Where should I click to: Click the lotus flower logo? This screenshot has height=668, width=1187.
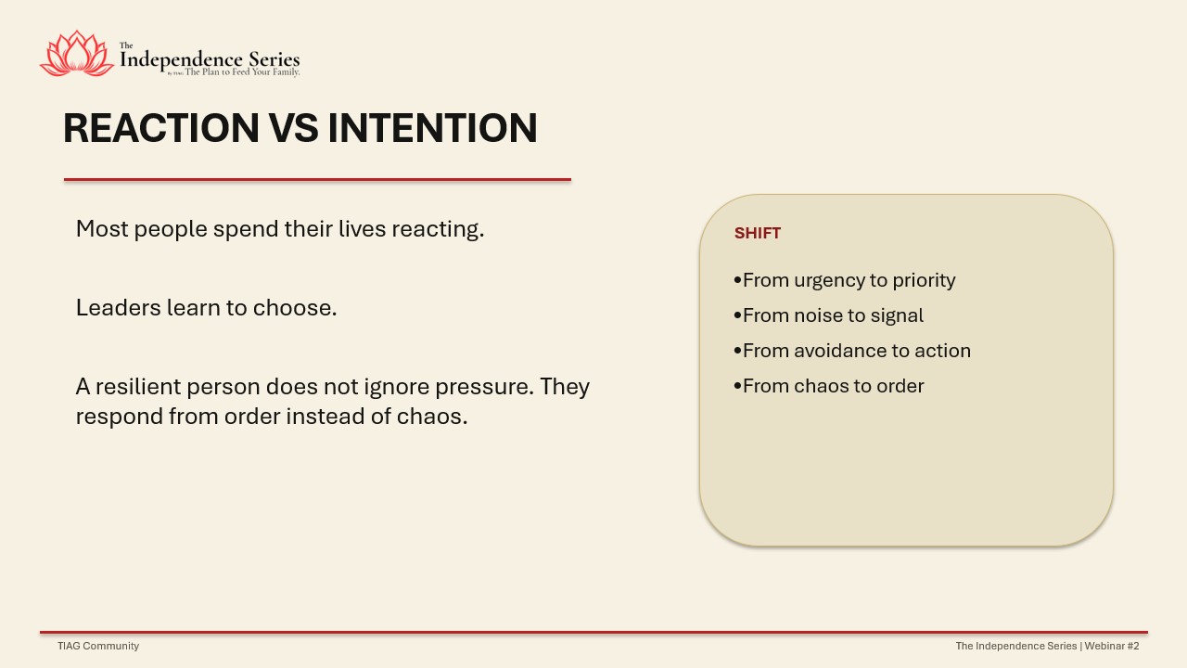77,53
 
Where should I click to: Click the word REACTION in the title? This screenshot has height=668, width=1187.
161,128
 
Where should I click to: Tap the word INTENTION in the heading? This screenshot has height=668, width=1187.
432,128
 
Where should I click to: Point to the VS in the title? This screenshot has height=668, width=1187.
294,128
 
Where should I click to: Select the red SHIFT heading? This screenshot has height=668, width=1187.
758,233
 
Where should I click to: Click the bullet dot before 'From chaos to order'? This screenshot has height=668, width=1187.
737,386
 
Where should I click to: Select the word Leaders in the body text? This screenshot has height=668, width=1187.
118,307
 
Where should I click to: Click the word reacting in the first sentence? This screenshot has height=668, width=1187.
438,229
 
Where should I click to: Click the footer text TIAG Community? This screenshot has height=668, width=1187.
98,646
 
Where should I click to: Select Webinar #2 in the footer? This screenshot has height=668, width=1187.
1112,646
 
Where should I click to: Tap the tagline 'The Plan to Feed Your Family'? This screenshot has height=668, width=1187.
242,72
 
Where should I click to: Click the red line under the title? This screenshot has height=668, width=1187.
317,180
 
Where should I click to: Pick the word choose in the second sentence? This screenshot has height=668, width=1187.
295,307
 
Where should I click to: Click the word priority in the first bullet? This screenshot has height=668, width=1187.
924,281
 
